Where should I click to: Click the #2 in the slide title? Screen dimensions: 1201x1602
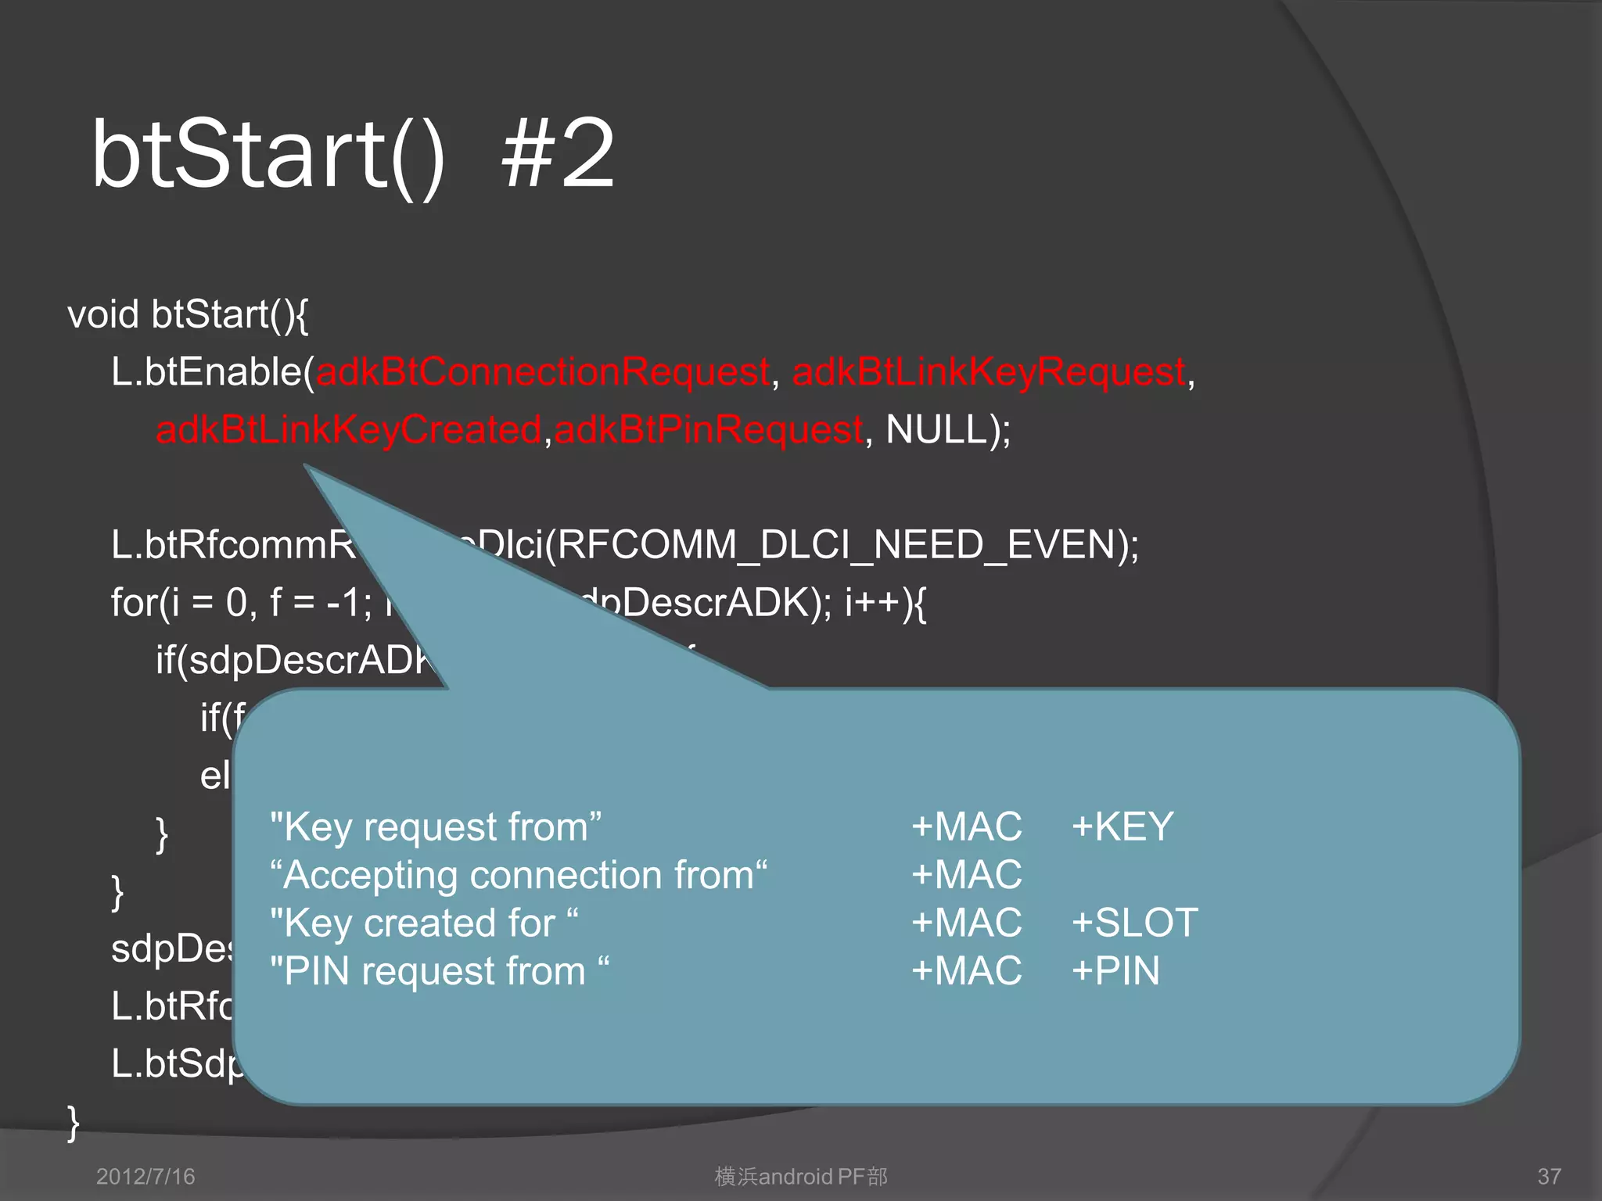coord(558,154)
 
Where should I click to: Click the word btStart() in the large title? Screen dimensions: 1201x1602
coord(268,154)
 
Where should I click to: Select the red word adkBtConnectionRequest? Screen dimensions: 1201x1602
coord(543,372)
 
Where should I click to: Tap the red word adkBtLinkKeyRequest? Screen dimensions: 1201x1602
coord(989,372)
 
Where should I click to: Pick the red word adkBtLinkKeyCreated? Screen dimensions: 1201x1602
coord(349,430)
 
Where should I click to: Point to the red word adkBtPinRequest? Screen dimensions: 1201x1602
coord(709,430)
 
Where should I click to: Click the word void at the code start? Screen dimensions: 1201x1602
coord(103,315)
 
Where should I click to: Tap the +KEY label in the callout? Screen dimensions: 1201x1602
coord(1122,827)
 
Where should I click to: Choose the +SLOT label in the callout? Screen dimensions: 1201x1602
coord(1134,923)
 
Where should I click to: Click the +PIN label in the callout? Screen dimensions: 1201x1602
coord(1115,972)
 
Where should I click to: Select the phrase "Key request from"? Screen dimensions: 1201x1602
coord(436,827)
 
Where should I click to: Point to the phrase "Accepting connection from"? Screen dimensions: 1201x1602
coord(518,876)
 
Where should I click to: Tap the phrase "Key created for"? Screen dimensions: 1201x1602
coord(423,923)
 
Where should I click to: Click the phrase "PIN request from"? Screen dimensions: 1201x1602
coord(439,972)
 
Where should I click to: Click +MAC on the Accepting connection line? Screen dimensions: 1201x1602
coord(967,876)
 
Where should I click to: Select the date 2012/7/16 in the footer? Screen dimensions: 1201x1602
coord(145,1177)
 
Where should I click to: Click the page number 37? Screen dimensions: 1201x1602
coord(1549,1177)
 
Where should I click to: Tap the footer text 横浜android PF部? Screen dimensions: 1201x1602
coord(801,1177)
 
